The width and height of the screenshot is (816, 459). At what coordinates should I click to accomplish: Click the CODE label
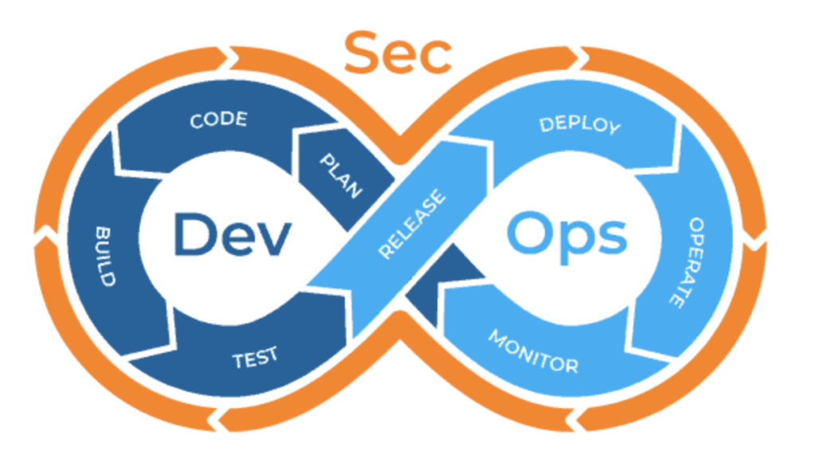pyautogui.click(x=218, y=121)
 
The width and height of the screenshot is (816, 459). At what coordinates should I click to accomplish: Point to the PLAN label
pyautogui.click(x=341, y=176)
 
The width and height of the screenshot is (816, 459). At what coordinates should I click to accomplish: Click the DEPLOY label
pyautogui.click(x=579, y=126)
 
